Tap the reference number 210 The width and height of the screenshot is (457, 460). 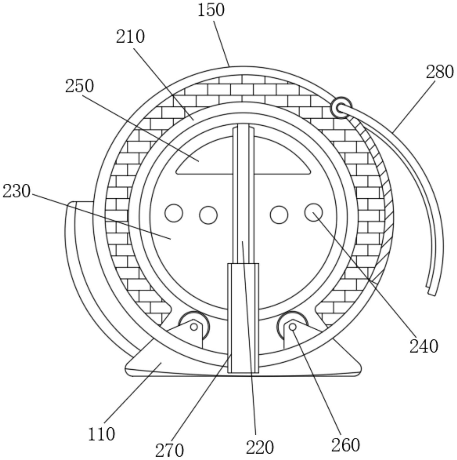pos(130,37)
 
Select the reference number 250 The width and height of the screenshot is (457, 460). pos(79,86)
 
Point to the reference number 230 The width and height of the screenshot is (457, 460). pos(16,191)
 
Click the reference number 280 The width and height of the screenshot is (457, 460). pos(440,72)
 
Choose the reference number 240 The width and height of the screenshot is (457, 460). pos(423,346)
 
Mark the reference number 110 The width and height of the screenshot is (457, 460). pos(101,434)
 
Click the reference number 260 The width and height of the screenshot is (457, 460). pos(345,445)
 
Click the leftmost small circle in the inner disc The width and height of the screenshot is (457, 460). pos(174,213)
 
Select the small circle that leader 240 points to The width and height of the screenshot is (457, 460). pos(313,212)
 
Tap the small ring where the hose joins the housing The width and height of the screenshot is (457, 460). pos(341,108)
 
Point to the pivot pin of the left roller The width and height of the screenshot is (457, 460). pos(194,327)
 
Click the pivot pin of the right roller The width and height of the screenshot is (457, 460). pos(292,327)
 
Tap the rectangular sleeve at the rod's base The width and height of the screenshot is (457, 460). pos(243,318)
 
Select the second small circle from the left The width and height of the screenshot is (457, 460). pos(208,215)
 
